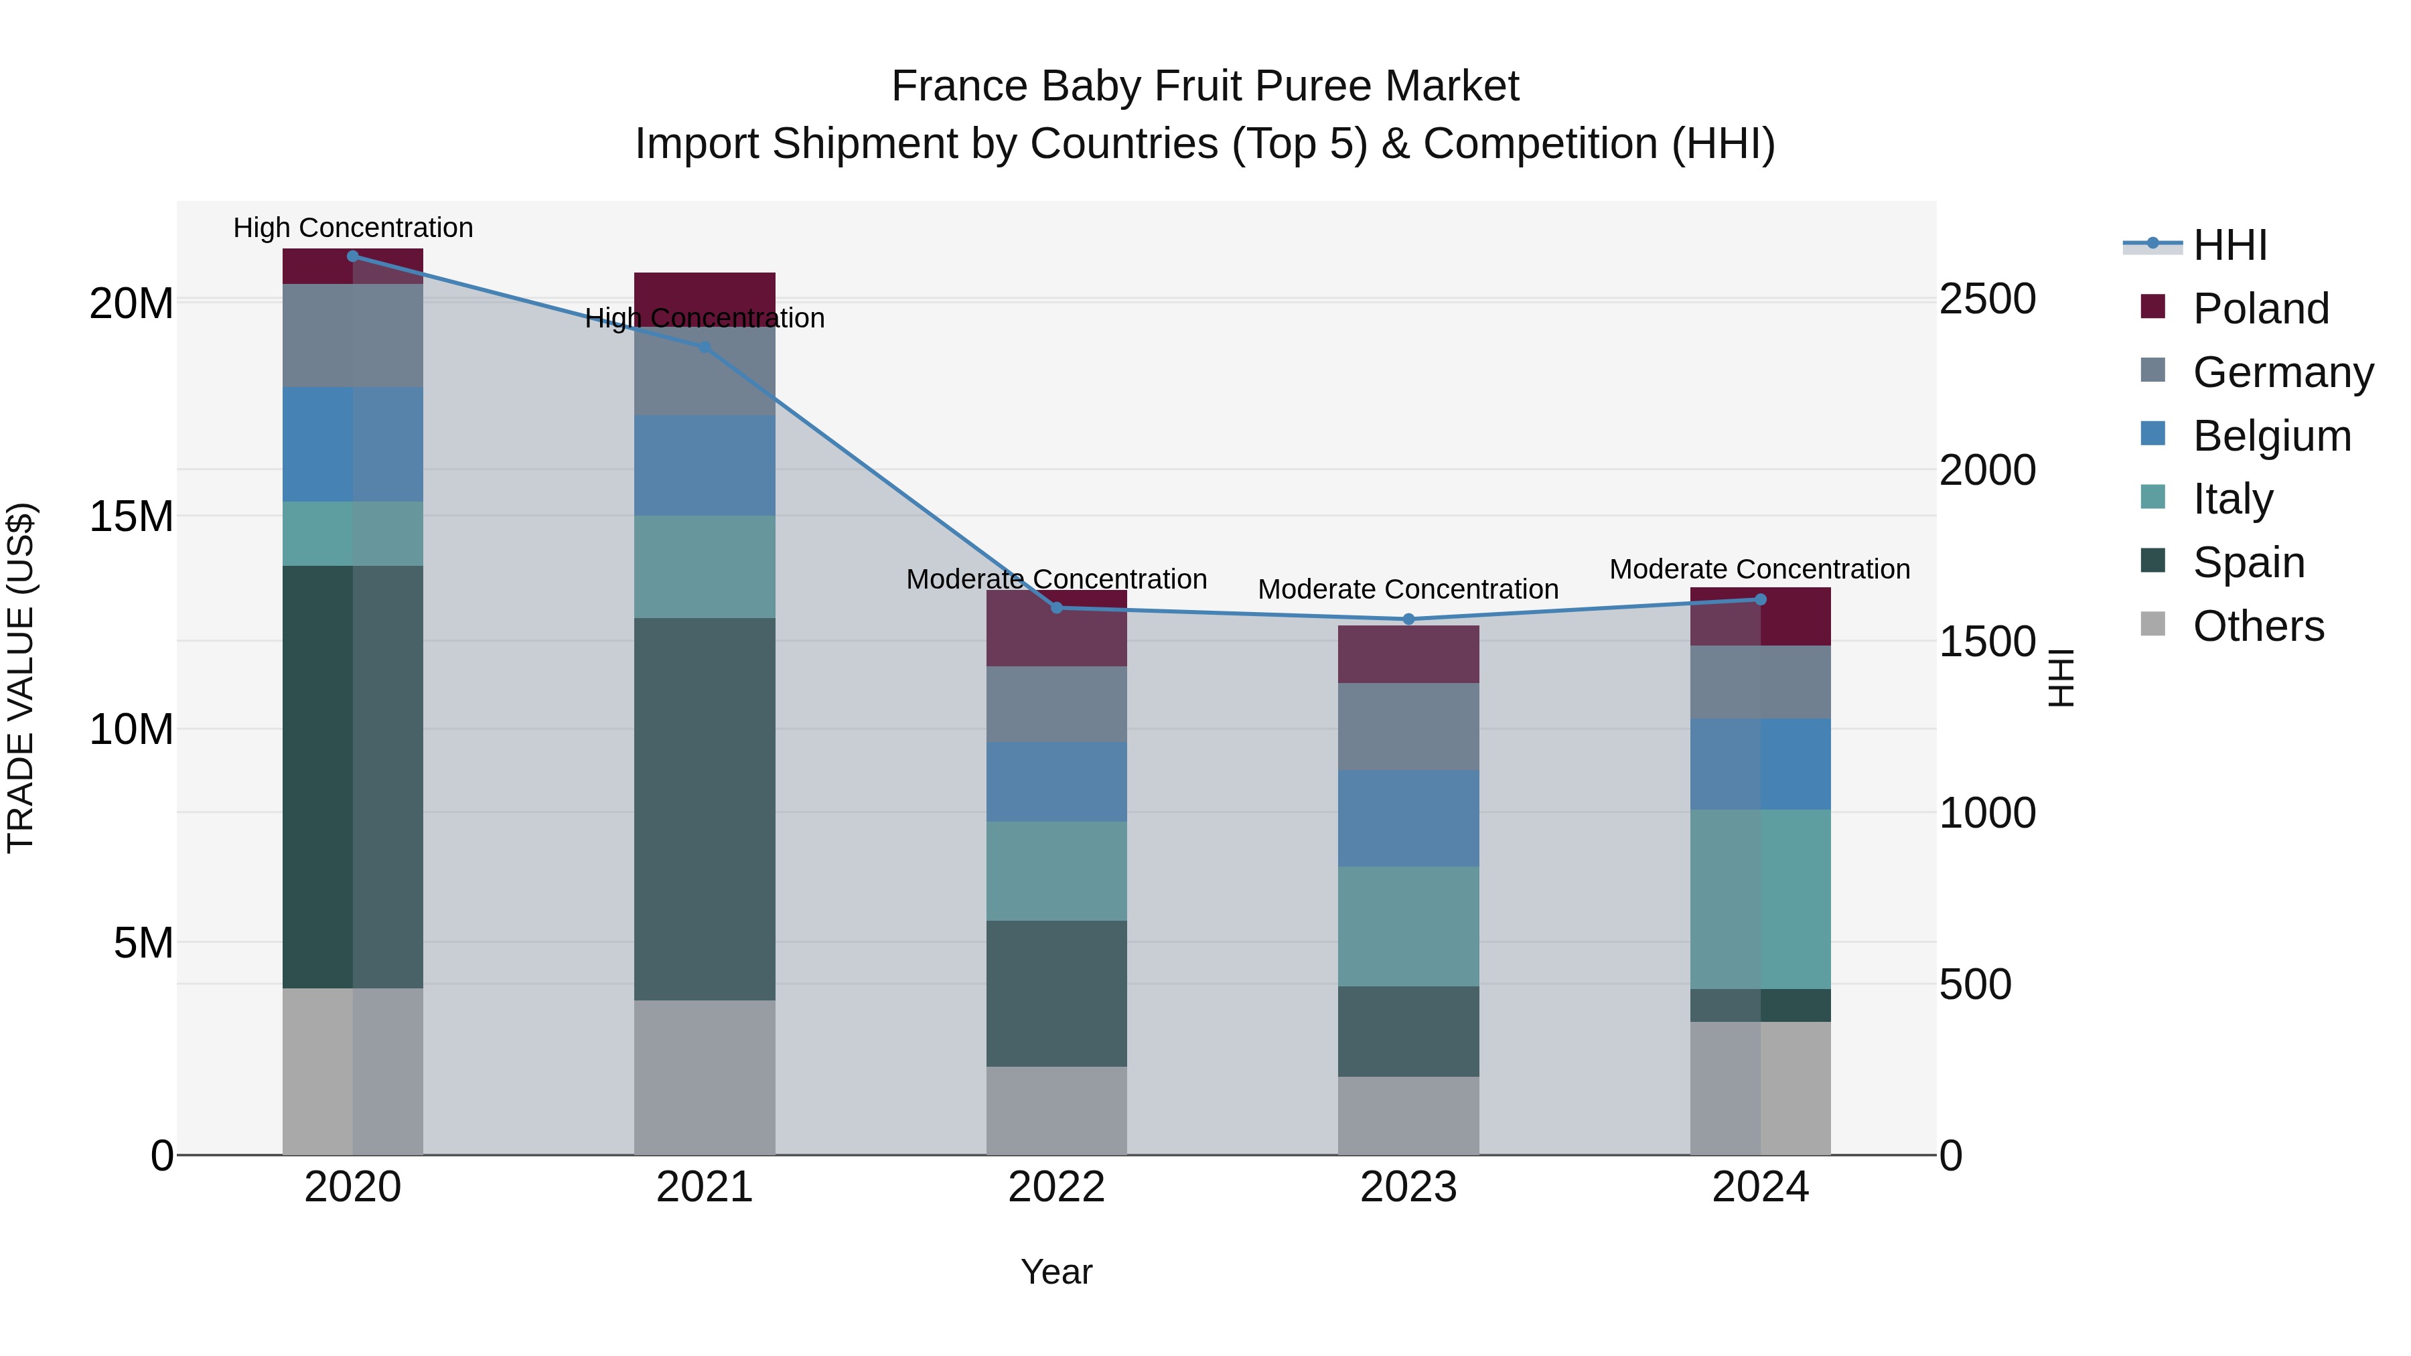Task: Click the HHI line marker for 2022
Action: coord(1057,607)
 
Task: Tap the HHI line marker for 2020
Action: coord(353,256)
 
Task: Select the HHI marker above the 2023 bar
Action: coord(1408,619)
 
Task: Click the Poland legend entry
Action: coord(2260,309)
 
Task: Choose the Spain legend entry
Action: coord(2248,562)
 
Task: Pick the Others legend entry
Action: coord(2258,626)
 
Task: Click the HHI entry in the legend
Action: coord(2230,245)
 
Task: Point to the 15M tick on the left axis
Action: coord(131,516)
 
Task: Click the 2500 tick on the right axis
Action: coord(1986,299)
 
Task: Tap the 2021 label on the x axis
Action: coord(705,1187)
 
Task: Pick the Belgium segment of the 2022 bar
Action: coord(1057,781)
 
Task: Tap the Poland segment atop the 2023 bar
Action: coord(1408,654)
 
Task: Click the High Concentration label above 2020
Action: coord(353,228)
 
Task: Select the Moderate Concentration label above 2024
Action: coord(1759,569)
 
